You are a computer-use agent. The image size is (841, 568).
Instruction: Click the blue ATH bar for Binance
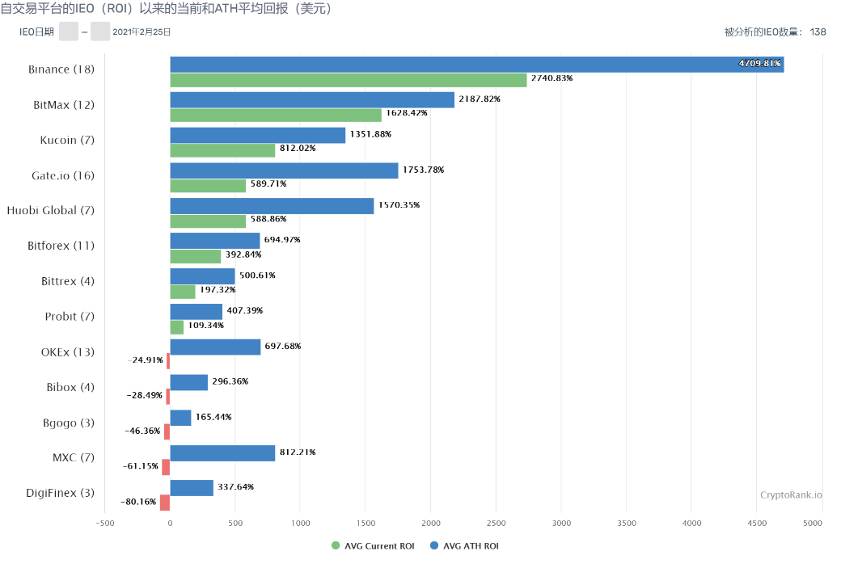(x=476, y=64)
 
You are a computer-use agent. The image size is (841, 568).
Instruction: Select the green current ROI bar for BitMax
(x=275, y=115)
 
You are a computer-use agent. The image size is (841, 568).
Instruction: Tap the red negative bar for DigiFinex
(x=165, y=503)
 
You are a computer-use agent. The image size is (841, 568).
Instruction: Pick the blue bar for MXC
(x=222, y=452)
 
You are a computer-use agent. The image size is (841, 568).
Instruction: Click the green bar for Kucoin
(x=222, y=149)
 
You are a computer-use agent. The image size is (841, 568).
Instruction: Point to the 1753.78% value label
(x=423, y=170)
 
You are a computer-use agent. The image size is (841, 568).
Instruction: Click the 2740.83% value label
(x=552, y=78)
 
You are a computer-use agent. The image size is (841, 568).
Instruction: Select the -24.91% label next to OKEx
(x=146, y=360)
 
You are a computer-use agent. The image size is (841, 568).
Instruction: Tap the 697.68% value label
(x=283, y=346)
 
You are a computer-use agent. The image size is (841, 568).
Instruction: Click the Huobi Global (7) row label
(x=51, y=210)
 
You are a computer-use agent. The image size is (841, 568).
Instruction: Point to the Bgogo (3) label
(x=69, y=422)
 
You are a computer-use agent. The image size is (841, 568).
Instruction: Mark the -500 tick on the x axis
(x=104, y=524)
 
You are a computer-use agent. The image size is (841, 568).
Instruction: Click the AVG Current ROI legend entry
(x=373, y=546)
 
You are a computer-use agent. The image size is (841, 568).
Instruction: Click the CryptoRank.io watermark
(x=791, y=494)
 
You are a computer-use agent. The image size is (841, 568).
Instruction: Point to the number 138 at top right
(x=818, y=32)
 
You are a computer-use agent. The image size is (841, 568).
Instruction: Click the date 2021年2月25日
(x=142, y=32)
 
